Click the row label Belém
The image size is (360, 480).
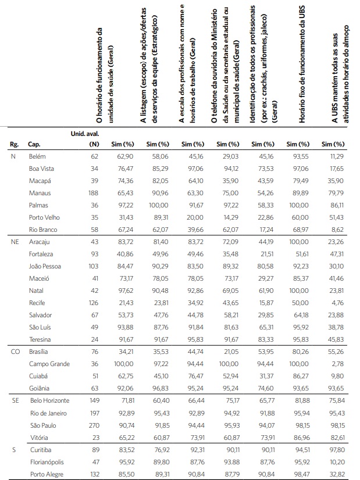[x=37, y=157]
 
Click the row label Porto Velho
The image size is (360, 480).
[x=45, y=218]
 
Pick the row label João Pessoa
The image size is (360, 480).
[x=45, y=267]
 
